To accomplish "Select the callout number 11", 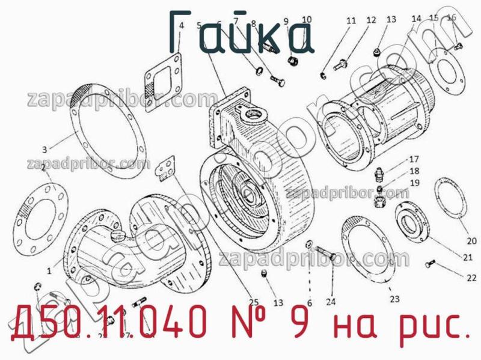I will [351, 21].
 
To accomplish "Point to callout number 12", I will [371, 20].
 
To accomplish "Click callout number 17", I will [414, 160].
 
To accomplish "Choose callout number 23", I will [394, 299].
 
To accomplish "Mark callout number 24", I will [330, 302].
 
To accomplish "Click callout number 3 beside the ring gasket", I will [44, 150].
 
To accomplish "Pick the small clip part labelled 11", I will [323, 75].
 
